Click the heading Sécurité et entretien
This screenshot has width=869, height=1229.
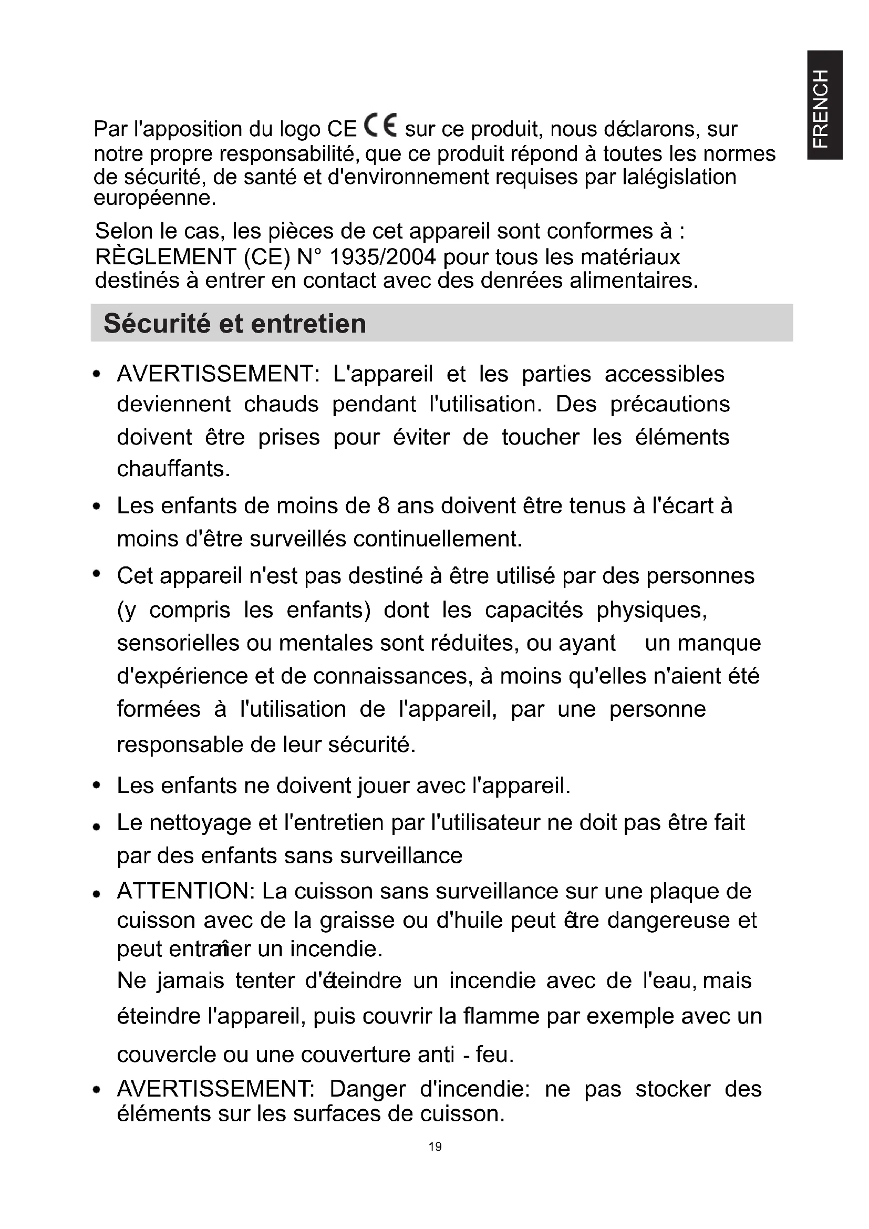point(235,324)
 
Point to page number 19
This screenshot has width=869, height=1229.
point(435,1146)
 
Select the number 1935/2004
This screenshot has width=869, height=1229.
point(383,257)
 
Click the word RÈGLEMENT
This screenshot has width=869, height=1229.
point(166,257)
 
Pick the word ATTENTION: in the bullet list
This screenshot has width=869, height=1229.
point(185,891)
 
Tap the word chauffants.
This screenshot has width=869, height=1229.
point(173,469)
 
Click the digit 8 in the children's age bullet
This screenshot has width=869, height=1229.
point(383,506)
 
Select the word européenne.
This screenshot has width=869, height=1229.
point(154,199)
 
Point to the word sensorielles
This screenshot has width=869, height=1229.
point(178,643)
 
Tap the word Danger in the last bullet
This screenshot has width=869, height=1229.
point(367,1089)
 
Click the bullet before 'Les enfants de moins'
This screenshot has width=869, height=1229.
point(97,507)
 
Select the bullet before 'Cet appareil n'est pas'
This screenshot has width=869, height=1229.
point(97,574)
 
